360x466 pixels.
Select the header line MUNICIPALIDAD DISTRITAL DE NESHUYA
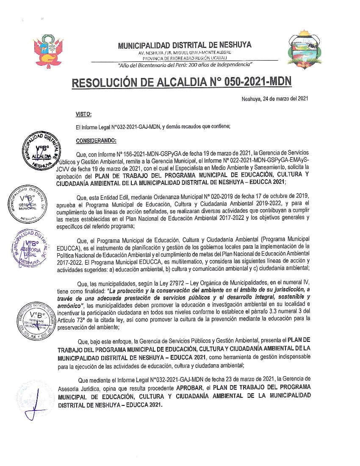(x=184, y=45)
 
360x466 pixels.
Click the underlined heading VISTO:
(x=83, y=114)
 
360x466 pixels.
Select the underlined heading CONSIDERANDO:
(x=96, y=141)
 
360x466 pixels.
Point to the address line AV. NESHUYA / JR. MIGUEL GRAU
(x=184, y=53)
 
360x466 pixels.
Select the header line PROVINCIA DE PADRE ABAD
(x=184, y=58)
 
